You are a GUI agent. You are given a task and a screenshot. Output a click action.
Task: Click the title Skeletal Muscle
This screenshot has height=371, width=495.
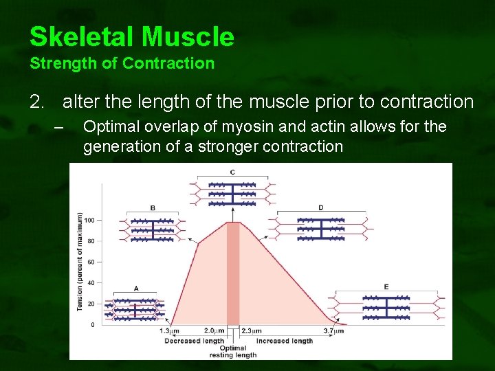(x=132, y=37)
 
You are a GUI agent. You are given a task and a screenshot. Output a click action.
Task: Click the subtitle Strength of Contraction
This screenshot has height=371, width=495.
(x=122, y=64)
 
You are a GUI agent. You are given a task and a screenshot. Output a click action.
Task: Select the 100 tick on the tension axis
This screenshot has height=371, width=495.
(x=89, y=221)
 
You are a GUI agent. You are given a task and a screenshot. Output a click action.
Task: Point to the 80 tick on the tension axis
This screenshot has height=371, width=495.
(x=91, y=241)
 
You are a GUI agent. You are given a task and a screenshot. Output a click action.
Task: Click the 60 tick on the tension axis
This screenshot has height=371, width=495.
(x=91, y=262)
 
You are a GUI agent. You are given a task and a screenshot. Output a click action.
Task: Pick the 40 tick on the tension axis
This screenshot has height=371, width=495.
(x=91, y=283)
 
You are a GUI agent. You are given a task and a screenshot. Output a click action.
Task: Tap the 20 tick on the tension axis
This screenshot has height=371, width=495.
(x=91, y=304)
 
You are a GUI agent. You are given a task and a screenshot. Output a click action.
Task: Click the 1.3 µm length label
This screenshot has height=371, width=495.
(x=170, y=331)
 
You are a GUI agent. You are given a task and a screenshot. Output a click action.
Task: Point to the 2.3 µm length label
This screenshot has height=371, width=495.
(x=252, y=331)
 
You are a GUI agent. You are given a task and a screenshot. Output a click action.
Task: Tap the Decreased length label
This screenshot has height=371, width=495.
(x=195, y=341)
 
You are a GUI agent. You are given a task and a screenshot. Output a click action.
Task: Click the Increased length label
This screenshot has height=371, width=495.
(x=284, y=341)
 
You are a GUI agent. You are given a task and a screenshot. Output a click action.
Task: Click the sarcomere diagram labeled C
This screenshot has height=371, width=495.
(x=232, y=194)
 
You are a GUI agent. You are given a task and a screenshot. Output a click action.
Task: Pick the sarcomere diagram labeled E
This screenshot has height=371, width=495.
(x=386, y=306)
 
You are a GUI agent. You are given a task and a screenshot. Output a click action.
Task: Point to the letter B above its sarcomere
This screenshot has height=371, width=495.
(x=153, y=208)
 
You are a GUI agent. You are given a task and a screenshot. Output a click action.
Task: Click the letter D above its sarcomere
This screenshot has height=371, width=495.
(x=321, y=207)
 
